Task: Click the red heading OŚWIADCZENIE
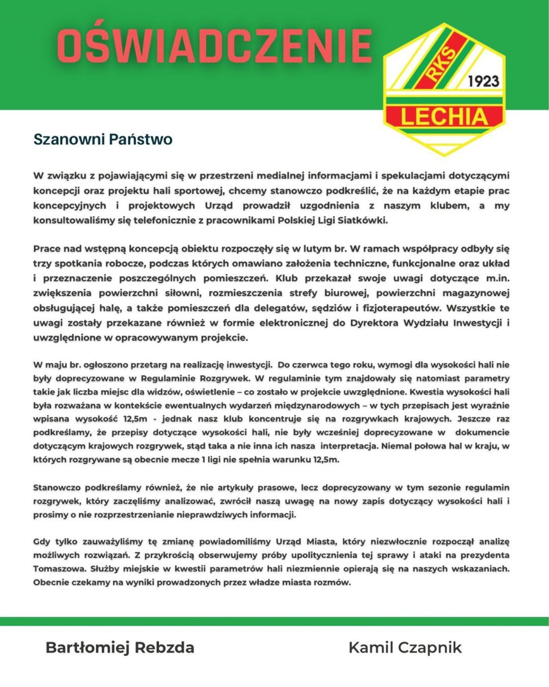pos(214,46)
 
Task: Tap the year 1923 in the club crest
pos(484,81)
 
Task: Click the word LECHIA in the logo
pos(444,117)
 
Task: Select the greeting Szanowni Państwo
pos(103,139)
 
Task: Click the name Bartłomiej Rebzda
pos(120,647)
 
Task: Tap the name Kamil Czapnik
pos(405,647)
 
